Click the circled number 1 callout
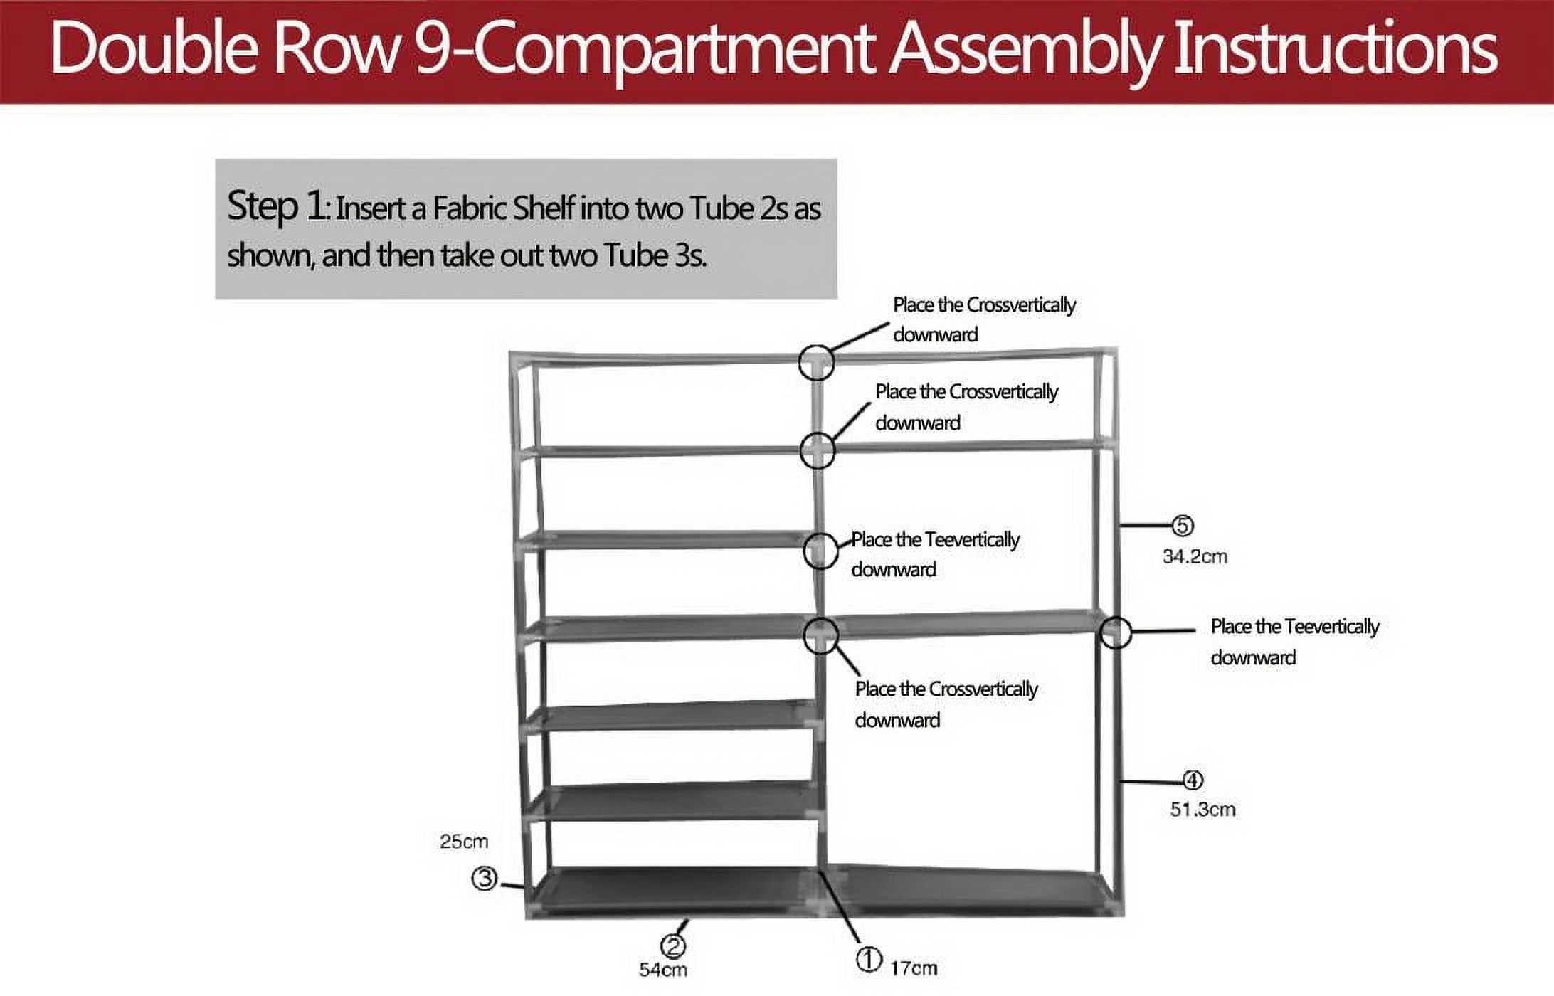click(x=868, y=960)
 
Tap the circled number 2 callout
click(x=673, y=946)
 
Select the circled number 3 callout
click(x=485, y=879)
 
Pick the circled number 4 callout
click(x=1193, y=780)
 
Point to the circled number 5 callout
click(x=1183, y=526)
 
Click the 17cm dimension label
click(x=914, y=968)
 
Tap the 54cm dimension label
click(x=663, y=970)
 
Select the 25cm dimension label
click(x=464, y=842)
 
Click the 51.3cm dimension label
click(x=1202, y=810)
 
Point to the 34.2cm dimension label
click(x=1195, y=556)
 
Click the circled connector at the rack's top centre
click(x=815, y=362)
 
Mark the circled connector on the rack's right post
click(x=1115, y=632)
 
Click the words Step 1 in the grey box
click(x=277, y=206)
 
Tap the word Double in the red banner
click(x=153, y=48)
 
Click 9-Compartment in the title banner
click(x=644, y=48)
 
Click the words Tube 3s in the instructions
click(x=655, y=255)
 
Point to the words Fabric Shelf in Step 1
click(x=503, y=208)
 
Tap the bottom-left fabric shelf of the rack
click(x=672, y=889)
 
